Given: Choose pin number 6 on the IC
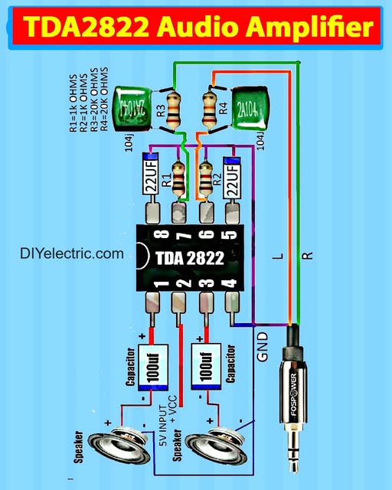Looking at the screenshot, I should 205,236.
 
